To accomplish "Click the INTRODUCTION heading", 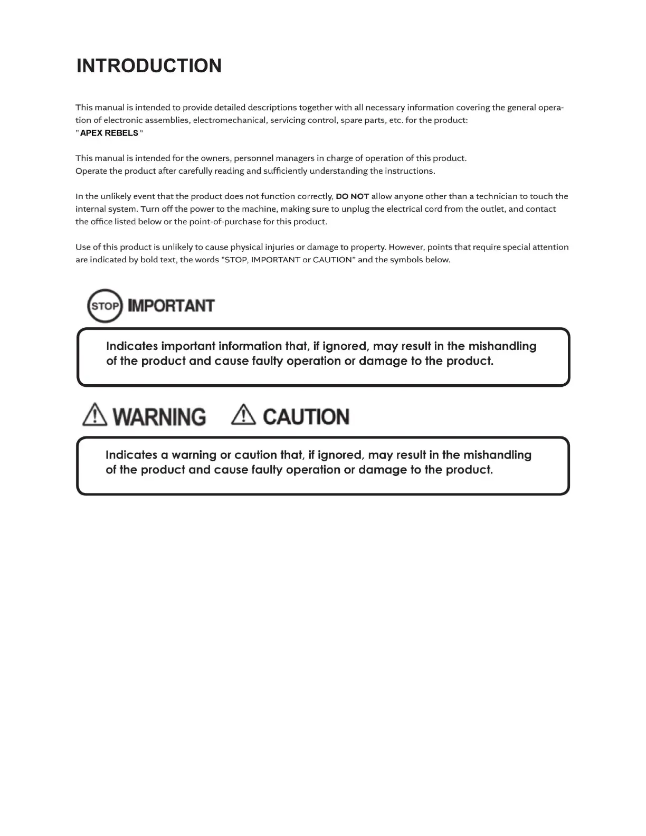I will [149, 66].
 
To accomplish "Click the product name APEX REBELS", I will [109, 133].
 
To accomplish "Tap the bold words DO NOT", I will [352, 196].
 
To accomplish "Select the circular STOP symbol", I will [104, 306].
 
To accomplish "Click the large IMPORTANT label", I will [172, 306].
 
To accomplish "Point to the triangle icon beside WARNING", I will [95, 415].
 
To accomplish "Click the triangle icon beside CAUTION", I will [244, 415].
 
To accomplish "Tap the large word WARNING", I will [159, 417].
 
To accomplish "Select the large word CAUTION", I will [306, 417].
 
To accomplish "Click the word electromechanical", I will [229, 120].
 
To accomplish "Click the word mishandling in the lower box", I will [497, 455].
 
